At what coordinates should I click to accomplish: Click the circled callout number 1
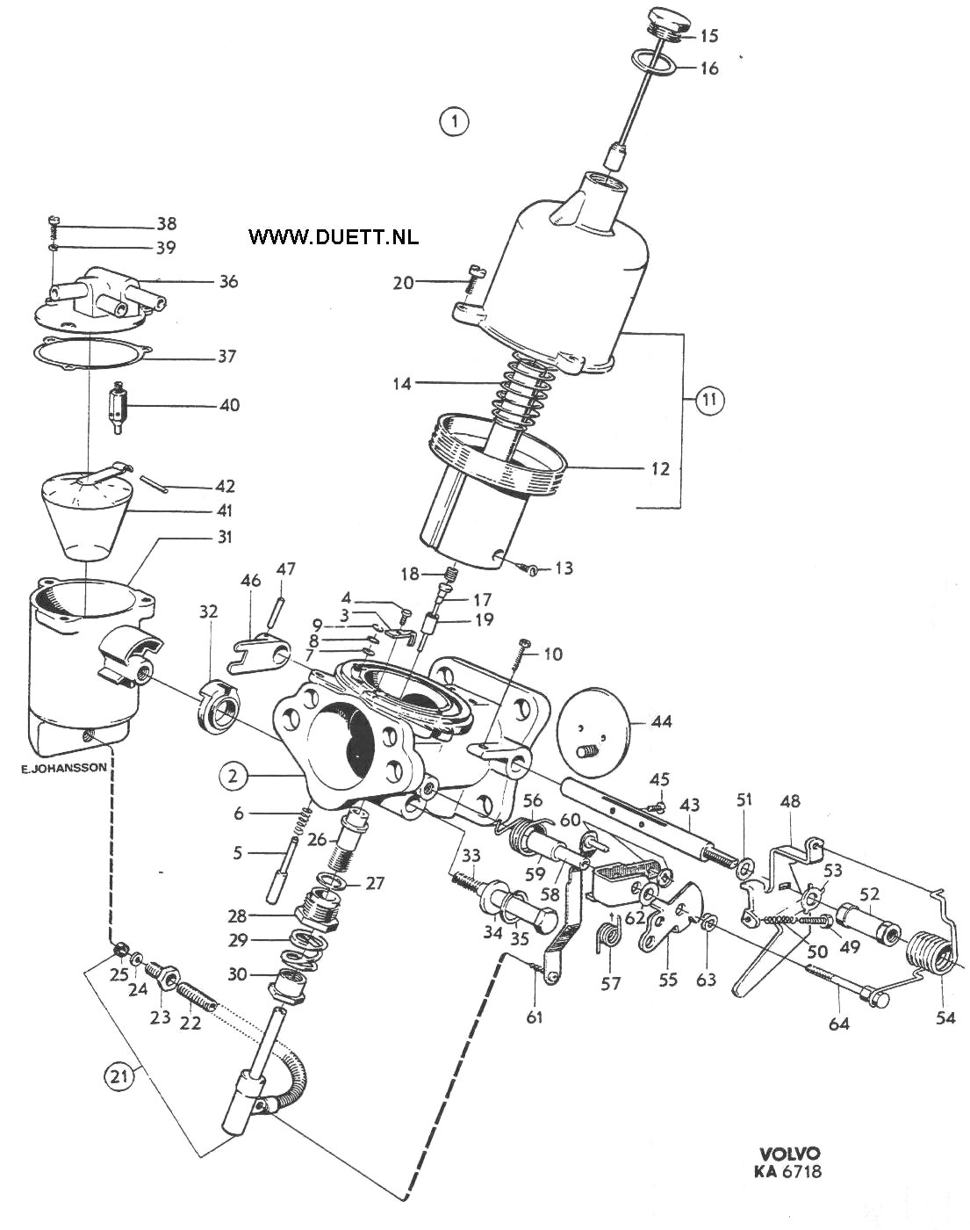[x=455, y=122]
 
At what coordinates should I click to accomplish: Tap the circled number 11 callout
[x=709, y=399]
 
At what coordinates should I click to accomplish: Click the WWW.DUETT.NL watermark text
[x=334, y=236]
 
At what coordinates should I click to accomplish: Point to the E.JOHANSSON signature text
[x=63, y=769]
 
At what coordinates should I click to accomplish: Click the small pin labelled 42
[x=154, y=481]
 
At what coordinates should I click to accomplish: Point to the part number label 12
[x=660, y=468]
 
